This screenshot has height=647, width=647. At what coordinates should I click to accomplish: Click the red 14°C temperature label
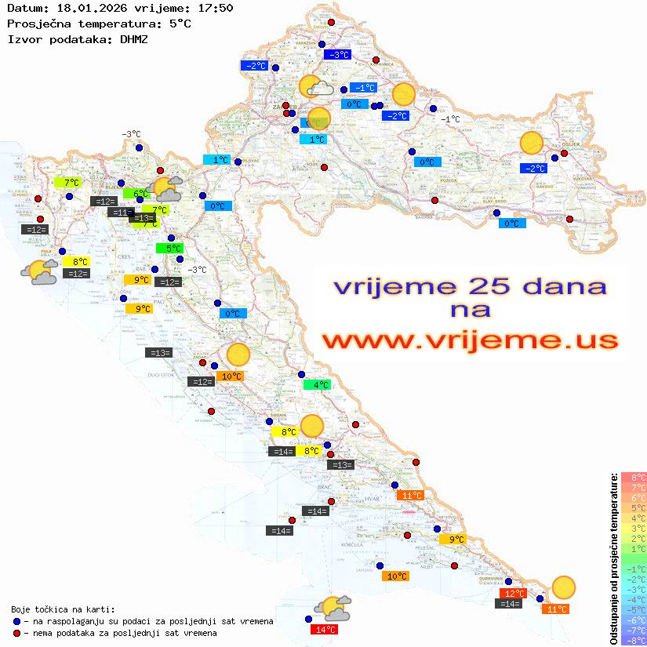(325, 629)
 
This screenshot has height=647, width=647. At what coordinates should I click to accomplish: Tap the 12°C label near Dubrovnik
(513, 594)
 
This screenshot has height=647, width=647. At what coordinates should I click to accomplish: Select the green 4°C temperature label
(318, 384)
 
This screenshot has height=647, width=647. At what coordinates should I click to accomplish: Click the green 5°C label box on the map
(169, 249)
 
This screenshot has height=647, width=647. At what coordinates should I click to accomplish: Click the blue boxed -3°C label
(337, 55)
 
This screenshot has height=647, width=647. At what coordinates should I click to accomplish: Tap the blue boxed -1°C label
(363, 88)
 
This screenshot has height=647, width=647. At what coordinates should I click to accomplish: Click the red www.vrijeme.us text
(469, 340)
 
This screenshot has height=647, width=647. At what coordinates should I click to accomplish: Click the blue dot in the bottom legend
(16, 621)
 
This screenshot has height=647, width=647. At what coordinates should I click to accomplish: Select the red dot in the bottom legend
(16, 633)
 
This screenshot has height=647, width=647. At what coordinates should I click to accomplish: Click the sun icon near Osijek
(532, 143)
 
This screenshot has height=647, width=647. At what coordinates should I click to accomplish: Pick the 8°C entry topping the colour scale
(634, 477)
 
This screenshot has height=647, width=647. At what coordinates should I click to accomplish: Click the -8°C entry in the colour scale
(634, 640)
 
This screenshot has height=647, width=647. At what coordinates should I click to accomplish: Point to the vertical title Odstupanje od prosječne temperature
(613, 558)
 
